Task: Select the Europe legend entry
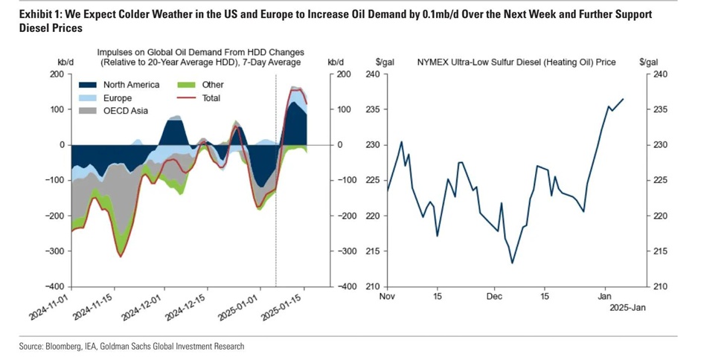point(118,98)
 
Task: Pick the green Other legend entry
point(213,85)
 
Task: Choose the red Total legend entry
point(211,98)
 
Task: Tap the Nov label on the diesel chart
point(387,296)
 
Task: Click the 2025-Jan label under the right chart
point(624,307)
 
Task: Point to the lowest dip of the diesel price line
point(512,263)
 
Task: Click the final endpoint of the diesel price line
point(623,99)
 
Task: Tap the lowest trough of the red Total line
point(120,257)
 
